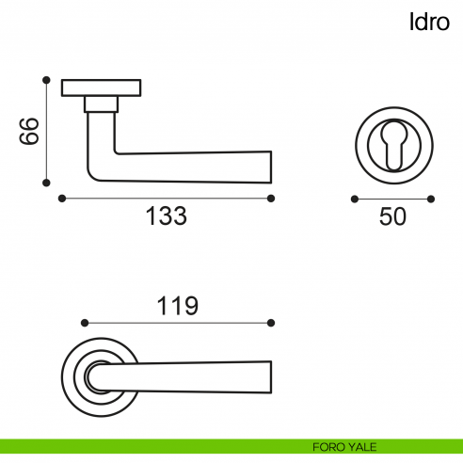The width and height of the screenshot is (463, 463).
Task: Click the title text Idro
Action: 429,22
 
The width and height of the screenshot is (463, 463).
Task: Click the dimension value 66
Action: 29,131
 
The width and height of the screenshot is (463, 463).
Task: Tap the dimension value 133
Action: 167,216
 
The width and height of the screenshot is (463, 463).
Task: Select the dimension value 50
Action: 392,216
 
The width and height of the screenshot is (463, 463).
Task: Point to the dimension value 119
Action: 178,306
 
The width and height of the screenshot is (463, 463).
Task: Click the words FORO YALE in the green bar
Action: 344,447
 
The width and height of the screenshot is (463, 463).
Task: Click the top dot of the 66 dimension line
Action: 46,80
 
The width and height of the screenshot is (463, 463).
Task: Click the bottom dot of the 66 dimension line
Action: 46,183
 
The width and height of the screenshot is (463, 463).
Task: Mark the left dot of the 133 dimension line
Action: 62,199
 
